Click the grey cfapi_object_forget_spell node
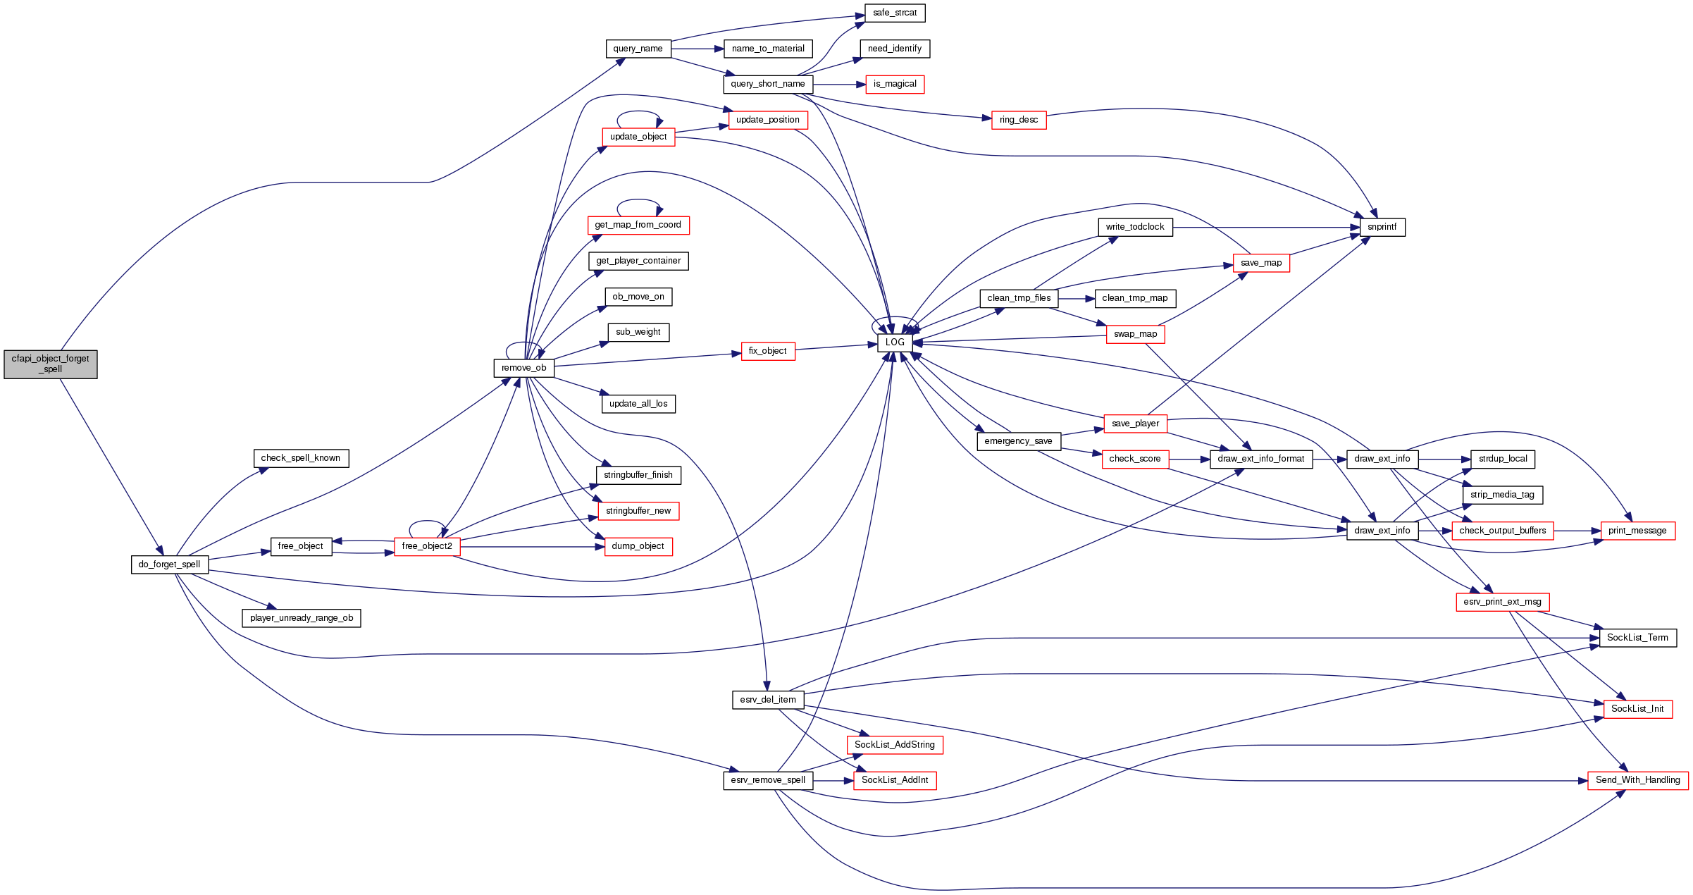pyautogui.click(x=51, y=364)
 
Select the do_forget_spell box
pyautogui.click(x=169, y=564)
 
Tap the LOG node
pyautogui.click(x=895, y=342)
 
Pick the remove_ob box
pyautogui.click(x=523, y=368)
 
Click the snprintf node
pyautogui.click(x=1382, y=227)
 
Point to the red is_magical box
pyautogui.click(x=895, y=84)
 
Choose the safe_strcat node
pyautogui.click(x=895, y=13)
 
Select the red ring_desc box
pyautogui.click(x=1018, y=120)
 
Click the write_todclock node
pyautogui.click(x=1135, y=227)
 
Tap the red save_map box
pyautogui.click(x=1261, y=263)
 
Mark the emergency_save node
pyautogui.click(x=1018, y=441)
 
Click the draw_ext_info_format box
pyautogui.click(x=1261, y=459)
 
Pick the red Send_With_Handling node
pyautogui.click(x=1637, y=780)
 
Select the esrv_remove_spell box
pyautogui.click(x=768, y=780)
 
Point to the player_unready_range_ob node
pyautogui.click(x=302, y=618)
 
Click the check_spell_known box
pyautogui.click(x=301, y=458)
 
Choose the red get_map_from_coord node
pyautogui.click(x=638, y=225)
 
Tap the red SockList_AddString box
pyautogui.click(x=895, y=745)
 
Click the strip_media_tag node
pyautogui.click(x=1502, y=495)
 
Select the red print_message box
pyautogui.click(x=1637, y=531)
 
